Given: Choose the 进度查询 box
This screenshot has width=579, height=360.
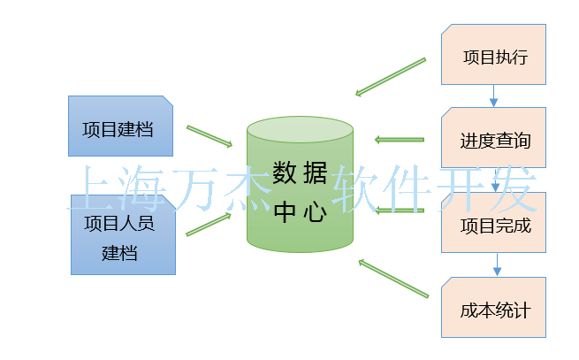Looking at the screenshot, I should click(x=494, y=138).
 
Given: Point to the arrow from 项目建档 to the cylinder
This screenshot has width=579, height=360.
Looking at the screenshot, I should click(x=209, y=135).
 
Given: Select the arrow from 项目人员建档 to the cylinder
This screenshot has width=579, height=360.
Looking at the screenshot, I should click(x=209, y=225).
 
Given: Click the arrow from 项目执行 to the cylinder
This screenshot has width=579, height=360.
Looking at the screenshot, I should click(x=391, y=76).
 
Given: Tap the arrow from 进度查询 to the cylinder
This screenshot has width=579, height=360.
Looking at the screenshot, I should click(x=400, y=139).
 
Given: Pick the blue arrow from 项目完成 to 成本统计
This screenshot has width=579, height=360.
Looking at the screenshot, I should click(x=496, y=264).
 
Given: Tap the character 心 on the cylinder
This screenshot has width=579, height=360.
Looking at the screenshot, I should click(x=315, y=212).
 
